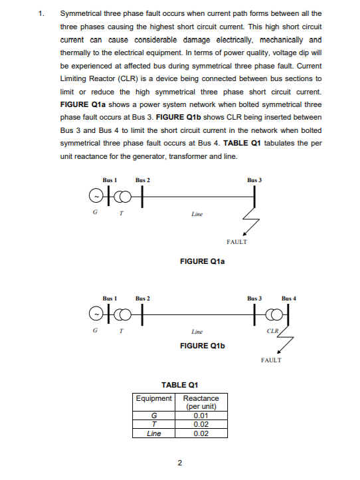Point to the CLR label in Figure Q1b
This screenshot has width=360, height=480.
pyautogui.click(x=271, y=330)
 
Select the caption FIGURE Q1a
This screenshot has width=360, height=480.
pyautogui.click(x=203, y=262)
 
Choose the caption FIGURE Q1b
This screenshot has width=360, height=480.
pyautogui.click(x=203, y=346)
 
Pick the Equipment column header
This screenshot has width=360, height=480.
pyautogui.click(x=154, y=398)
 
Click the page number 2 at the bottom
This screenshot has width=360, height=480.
pyautogui.click(x=180, y=462)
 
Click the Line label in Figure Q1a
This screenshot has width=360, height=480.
pyautogui.click(x=197, y=214)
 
